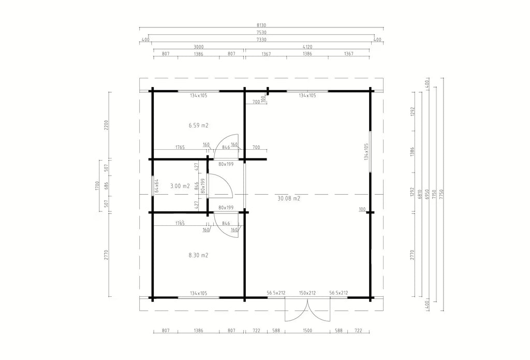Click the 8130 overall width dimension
261,25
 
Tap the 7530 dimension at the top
261,33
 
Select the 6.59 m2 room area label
198,125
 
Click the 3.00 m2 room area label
180,186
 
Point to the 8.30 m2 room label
198,255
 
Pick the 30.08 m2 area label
289,198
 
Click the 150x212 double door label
307,293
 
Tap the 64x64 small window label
156,186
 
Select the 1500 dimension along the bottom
307,330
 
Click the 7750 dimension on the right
441,194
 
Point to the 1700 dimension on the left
97,186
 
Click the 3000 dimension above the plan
198,47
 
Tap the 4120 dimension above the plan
307,47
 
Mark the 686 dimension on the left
106,186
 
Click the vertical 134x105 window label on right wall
366,152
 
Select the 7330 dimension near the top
261,39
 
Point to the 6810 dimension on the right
420,194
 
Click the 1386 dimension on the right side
412,151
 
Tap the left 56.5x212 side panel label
276,293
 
